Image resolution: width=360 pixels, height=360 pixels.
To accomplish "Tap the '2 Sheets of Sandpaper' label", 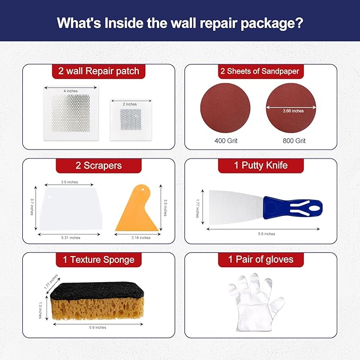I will tap(259, 71).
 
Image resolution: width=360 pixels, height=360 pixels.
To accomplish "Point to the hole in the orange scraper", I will tap(143, 189).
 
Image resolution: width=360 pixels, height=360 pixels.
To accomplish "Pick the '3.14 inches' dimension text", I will tap(140, 238).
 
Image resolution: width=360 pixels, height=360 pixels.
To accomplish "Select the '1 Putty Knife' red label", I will tap(260, 165).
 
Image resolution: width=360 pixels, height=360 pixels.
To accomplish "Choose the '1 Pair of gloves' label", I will tap(260, 260).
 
